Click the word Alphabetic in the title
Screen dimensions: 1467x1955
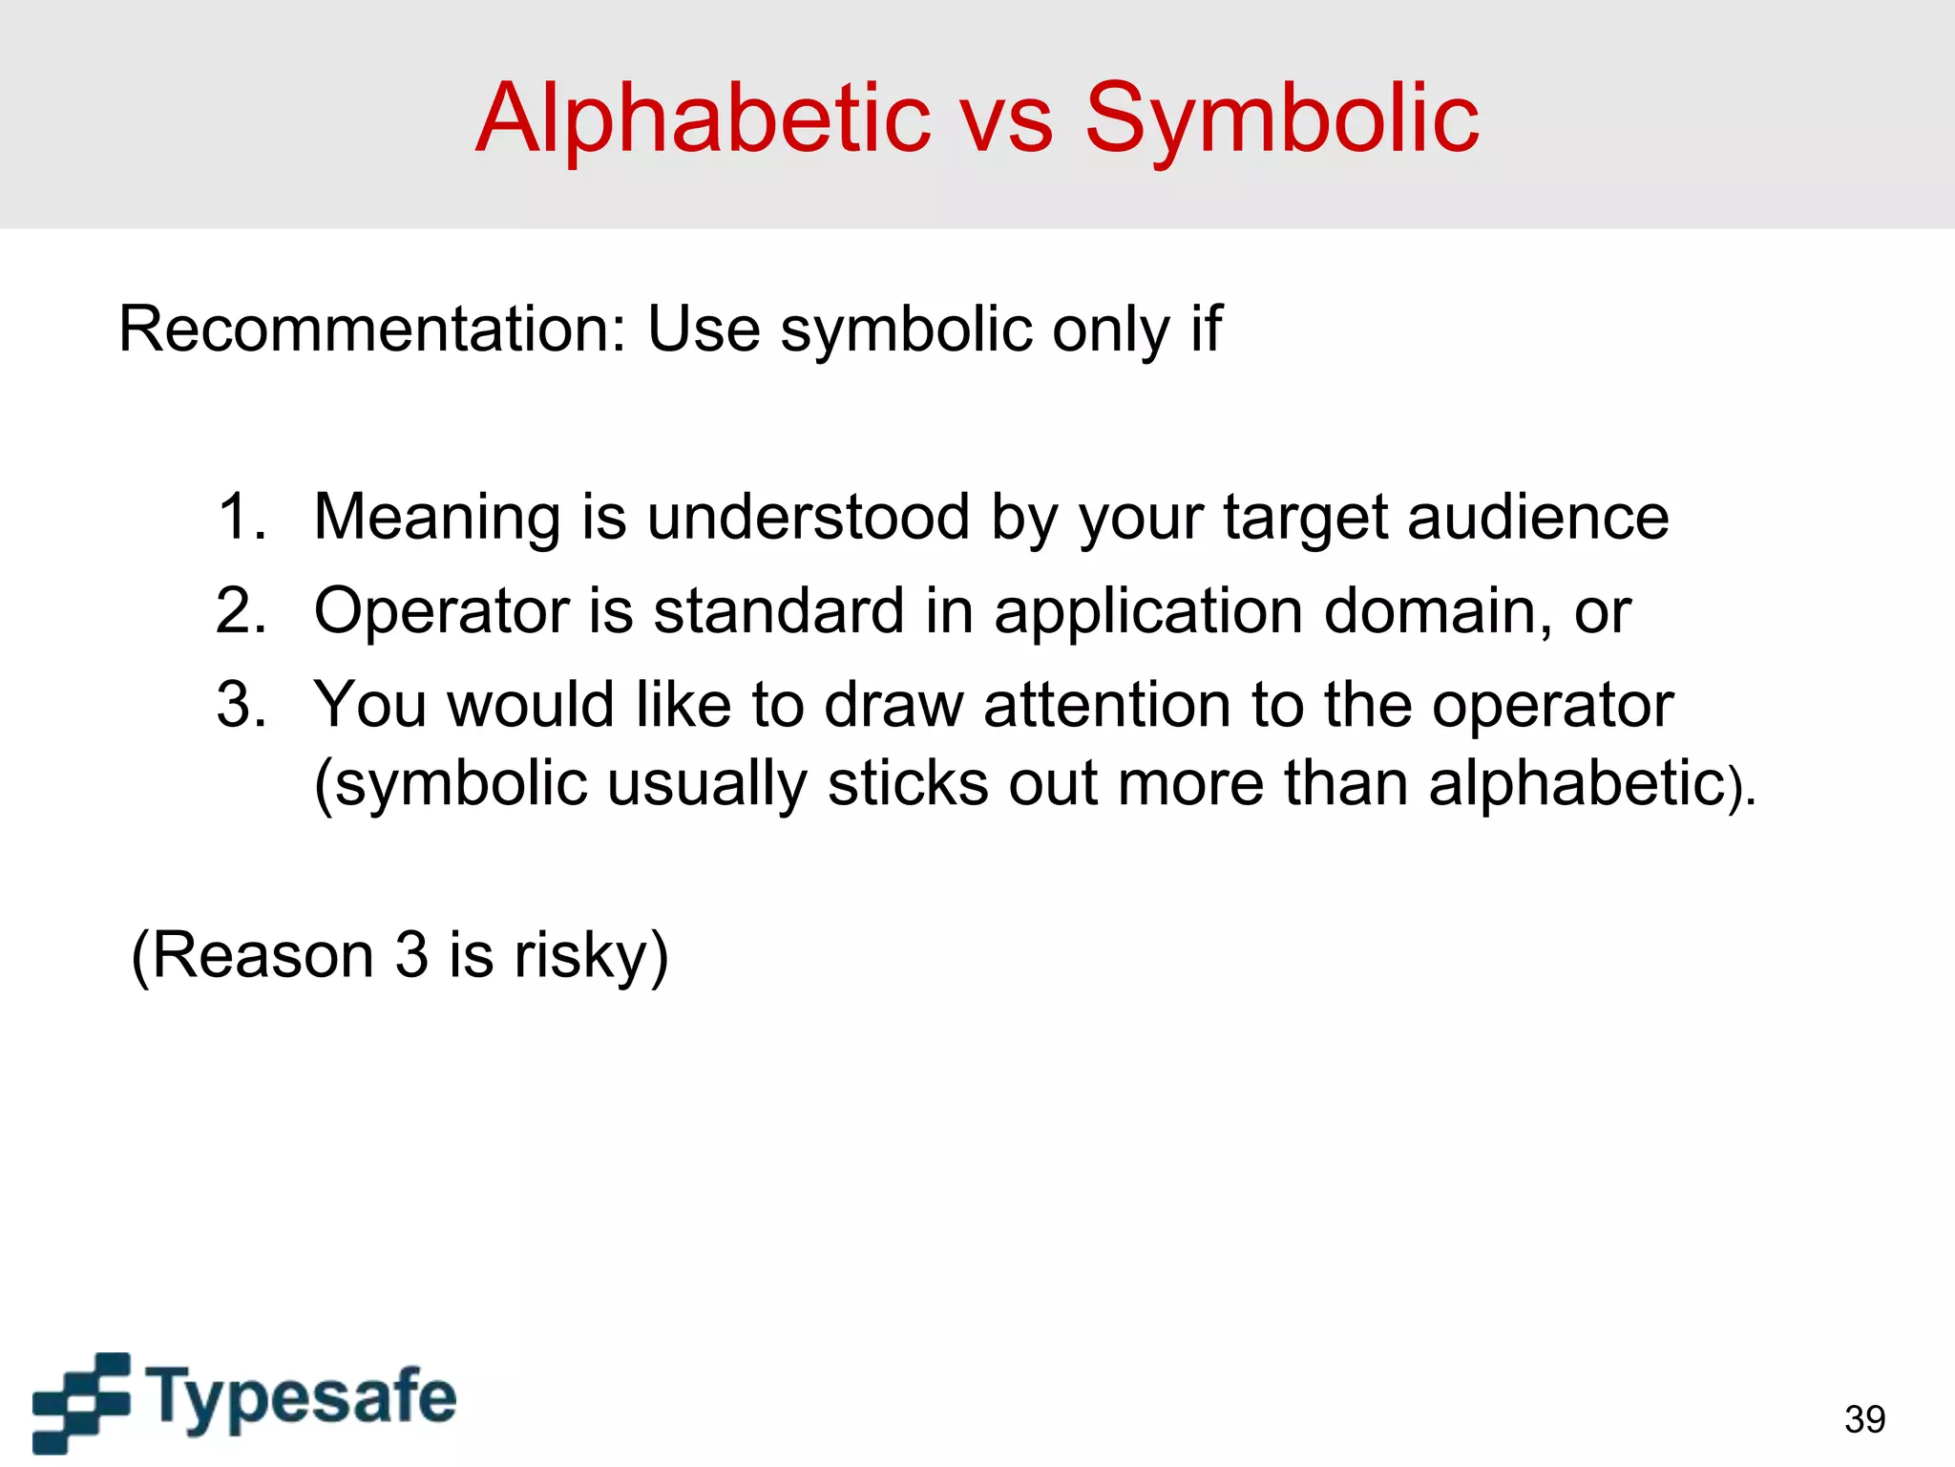coord(703,118)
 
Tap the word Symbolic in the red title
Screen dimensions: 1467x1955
coord(1281,118)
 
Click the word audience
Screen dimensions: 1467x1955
coord(1538,518)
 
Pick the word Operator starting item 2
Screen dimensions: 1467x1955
coord(441,611)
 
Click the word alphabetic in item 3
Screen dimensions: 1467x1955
coord(1577,783)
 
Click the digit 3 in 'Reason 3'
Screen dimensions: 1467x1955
coord(411,955)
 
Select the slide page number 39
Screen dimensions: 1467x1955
coord(1864,1419)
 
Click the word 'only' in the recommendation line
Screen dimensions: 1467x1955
coord(1110,330)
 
